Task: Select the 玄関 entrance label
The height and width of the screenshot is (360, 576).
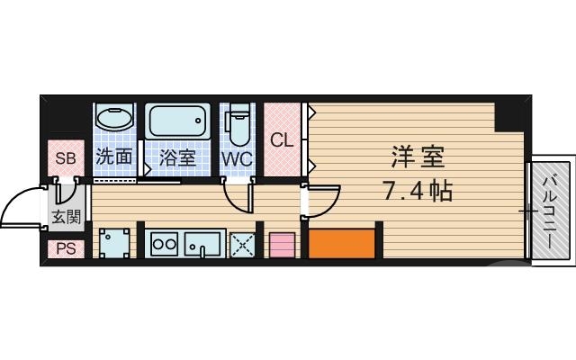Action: coord(66,216)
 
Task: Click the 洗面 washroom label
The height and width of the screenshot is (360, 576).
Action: coord(114,157)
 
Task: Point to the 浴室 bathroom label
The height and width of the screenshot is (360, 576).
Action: coord(177,157)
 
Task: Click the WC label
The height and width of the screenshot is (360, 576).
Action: coord(238,157)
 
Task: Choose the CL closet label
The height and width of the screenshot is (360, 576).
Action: coord(283,140)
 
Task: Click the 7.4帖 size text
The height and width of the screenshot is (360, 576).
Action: coord(417,191)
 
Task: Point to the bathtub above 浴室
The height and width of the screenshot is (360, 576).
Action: coord(177,121)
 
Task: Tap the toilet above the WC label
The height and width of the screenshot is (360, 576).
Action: coord(238,125)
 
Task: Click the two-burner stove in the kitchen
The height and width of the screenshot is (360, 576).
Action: coord(163,243)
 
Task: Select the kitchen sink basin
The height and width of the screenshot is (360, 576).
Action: coord(205,243)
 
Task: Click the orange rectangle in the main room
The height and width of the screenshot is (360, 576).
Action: coord(341,243)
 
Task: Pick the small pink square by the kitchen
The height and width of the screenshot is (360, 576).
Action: coord(282,245)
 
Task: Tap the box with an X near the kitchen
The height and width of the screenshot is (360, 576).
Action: coord(241,244)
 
